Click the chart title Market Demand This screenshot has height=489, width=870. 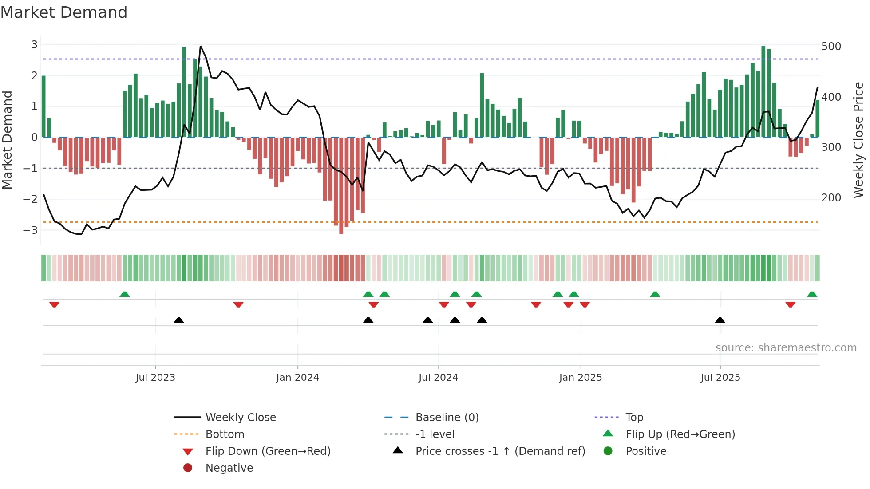64,12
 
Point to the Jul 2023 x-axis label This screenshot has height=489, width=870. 155,378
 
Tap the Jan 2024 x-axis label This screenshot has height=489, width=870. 297,378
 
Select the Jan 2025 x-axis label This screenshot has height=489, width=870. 580,378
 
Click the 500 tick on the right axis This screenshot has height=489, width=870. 831,47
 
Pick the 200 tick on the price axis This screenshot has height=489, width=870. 831,198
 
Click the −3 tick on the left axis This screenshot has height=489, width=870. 31,230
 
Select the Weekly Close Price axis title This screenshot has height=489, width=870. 858,140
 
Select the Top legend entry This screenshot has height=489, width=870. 634,418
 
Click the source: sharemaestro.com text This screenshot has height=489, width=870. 786,348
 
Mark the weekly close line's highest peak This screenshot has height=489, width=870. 201,46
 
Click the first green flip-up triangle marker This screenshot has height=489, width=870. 125,294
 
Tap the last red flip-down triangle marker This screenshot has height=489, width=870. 790,304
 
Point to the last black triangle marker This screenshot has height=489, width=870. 720,320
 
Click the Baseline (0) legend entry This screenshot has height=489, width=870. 447,418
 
